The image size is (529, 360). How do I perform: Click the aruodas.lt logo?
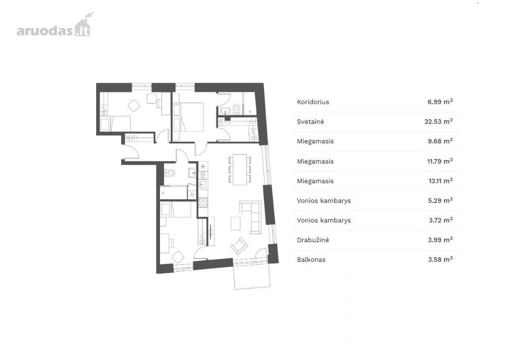point(55,25)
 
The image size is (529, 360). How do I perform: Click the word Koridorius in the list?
point(313,102)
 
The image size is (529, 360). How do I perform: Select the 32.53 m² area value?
point(438,121)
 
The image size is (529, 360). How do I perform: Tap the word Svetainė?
point(310,122)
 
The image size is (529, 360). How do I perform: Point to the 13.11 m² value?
point(440,181)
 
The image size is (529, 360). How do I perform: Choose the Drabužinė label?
point(313,240)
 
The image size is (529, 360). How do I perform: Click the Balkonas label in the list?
point(311,259)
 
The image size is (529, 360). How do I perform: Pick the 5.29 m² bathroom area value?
point(440,200)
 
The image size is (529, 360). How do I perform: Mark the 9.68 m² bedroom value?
point(440,141)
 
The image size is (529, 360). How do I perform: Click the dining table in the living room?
point(240,169)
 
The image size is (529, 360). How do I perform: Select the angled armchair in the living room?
point(239,246)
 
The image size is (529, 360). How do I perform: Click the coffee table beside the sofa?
point(235,223)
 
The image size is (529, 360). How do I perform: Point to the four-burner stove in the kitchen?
point(203,202)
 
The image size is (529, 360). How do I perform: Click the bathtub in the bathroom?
point(174,193)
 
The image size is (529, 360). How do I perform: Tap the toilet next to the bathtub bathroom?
point(169,173)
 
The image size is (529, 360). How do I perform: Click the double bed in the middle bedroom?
point(189,117)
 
